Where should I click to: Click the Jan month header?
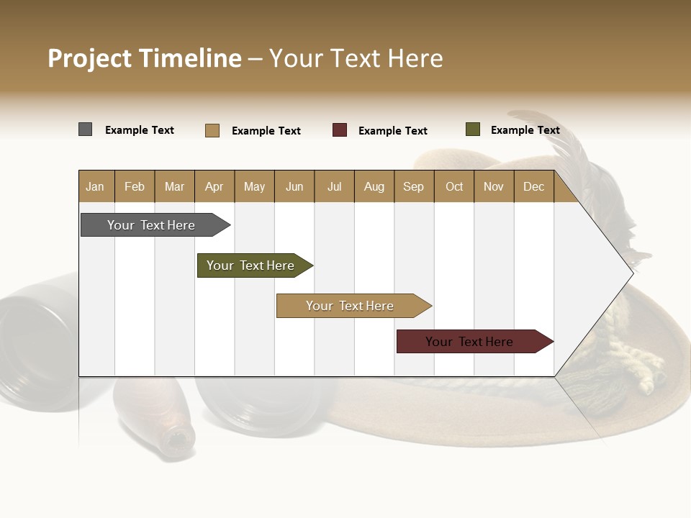tap(95, 186)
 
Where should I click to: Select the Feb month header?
tap(135, 186)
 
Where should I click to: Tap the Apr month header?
tap(214, 186)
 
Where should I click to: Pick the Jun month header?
tap(294, 186)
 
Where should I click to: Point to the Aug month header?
tap(374, 186)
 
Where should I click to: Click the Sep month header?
tap(413, 186)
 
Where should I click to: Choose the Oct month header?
tap(454, 186)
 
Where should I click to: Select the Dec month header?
tap(533, 186)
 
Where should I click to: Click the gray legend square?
tap(86, 129)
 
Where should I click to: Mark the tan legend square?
tap(212, 130)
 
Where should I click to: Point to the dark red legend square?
tap(340, 130)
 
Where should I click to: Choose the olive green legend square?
tap(473, 129)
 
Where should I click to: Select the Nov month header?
tap(493, 186)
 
